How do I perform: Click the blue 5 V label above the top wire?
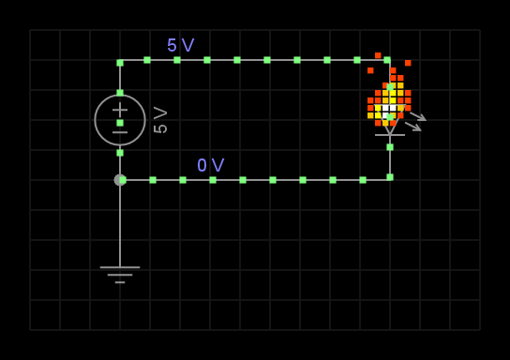180,45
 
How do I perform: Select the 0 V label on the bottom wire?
210,166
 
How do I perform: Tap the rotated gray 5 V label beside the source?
160,120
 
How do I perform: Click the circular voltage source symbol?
120,120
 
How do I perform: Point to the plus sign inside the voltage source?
120,110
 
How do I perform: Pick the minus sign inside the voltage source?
120,132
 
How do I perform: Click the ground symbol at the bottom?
120,273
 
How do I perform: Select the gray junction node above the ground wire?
120,180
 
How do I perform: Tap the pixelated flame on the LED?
388,94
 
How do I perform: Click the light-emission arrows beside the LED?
414,121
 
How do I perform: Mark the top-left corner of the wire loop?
120,63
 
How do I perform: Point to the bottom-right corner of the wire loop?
390,177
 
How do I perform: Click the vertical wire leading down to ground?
120,225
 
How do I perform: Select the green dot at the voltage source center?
120,123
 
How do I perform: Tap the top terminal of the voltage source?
120,93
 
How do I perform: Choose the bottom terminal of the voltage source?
120,153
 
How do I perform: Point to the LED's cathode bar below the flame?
390,135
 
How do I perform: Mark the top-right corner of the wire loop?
387,60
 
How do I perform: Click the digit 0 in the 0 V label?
202,166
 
